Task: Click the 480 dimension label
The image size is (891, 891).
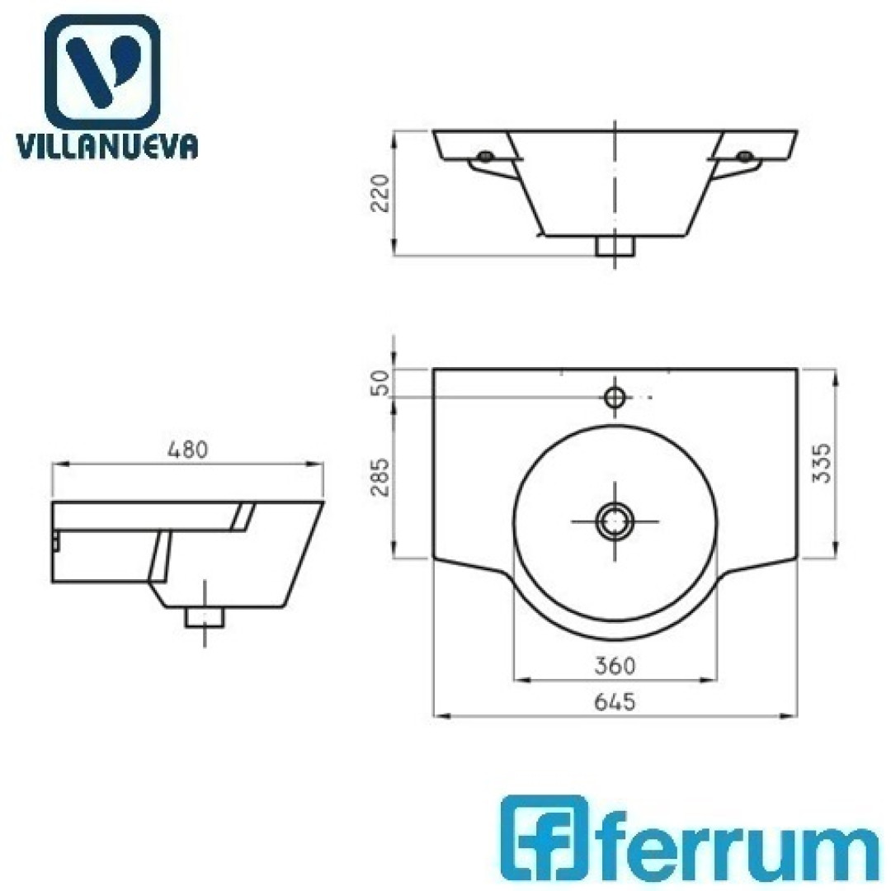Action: [x=188, y=450]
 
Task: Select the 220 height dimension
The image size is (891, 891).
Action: [x=379, y=193]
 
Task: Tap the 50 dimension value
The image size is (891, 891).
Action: [x=379, y=383]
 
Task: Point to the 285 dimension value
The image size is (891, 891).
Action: [x=379, y=477]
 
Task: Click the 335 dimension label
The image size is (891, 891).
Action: [x=822, y=463]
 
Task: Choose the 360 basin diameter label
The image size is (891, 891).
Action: [x=615, y=665]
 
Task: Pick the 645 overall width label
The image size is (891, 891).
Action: [x=615, y=702]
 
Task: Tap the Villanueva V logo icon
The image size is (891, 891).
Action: [x=102, y=72]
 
